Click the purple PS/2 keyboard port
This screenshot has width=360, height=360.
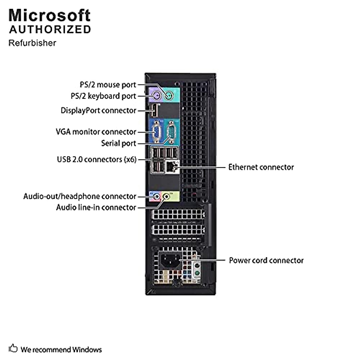[157, 96]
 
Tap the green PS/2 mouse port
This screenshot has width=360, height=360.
[169, 96]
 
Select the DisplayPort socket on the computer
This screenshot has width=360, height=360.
[154, 111]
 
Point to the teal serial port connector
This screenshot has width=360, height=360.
[171, 132]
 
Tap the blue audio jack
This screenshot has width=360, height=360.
[157, 196]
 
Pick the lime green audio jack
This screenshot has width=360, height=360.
[166, 196]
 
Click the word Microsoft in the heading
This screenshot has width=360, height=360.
[49, 16]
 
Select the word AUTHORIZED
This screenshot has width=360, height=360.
[50, 30]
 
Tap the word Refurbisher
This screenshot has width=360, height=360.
[32, 43]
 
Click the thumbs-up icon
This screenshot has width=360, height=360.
[13, 349]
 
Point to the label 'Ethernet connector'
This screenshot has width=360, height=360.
[261, 167]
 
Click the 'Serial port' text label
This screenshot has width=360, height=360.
[118, 143]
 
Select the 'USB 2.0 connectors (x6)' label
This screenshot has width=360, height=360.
[97, 160]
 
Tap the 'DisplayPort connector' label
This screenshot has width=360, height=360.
[98, 111]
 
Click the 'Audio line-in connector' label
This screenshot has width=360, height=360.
[96, 208]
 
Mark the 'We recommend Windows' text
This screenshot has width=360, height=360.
[61, 349]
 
